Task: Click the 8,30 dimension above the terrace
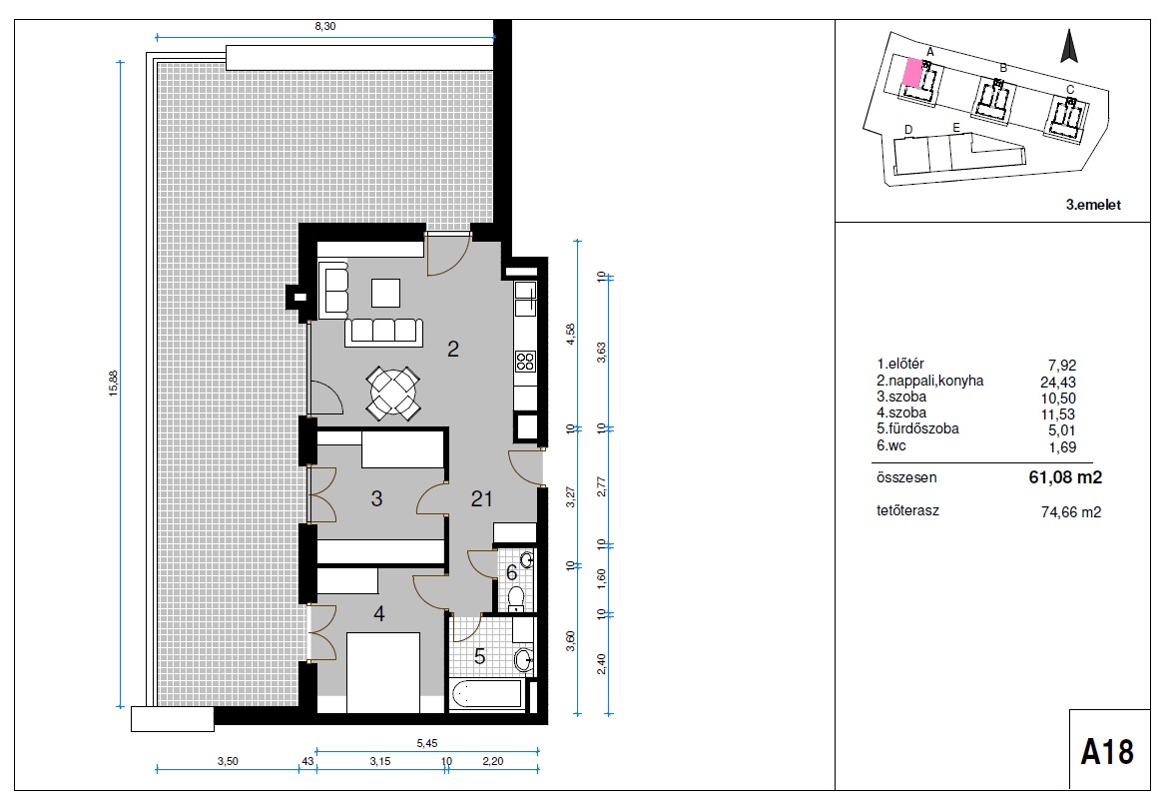coord(325,26)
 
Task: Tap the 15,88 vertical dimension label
coord(114,383)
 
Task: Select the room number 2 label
coord(453,348)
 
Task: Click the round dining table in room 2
coord(393,393)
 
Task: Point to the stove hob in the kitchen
coord(525,362)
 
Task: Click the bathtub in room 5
coord(488,693)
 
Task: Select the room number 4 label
coord(379,614)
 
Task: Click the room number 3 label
coord(376,498)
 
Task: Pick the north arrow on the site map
coord(1069,45)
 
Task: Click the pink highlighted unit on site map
coord(911,72)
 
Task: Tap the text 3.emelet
coord(1093,205)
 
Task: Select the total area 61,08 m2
coord(1065,477)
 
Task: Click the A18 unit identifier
coord(1107,752)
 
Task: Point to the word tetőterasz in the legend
coord(908,511)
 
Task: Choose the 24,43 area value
coord(1058,383)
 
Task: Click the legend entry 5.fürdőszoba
coord(917,429)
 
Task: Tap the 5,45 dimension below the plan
coord(427,743)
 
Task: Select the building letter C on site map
coord(1070,90)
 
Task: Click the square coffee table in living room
coord(385,293)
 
